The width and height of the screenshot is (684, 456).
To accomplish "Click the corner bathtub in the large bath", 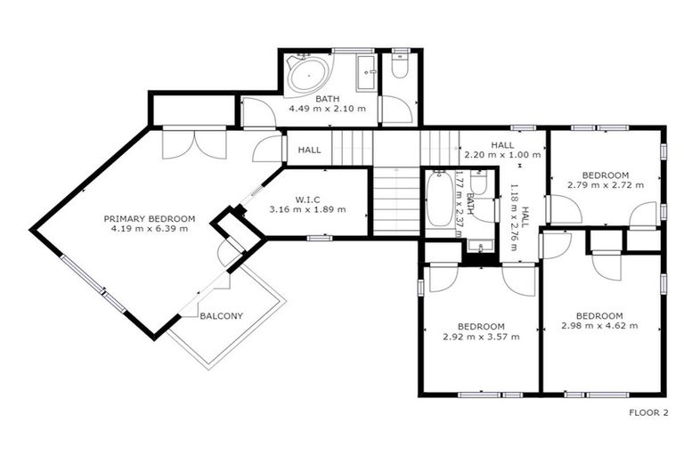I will [x=308, y=75].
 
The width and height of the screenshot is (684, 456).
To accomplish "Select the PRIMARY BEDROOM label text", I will [x=150, y=218].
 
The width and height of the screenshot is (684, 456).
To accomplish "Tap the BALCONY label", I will [x=221, y=316].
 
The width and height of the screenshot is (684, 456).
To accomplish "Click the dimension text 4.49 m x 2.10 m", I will [x=326, y=109].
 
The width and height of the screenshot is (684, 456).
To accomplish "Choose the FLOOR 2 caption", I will [x=647, y=412].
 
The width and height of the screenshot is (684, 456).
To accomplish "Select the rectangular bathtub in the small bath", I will [x=439, y=199].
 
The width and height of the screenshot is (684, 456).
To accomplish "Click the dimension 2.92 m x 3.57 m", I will [x=481, y=337].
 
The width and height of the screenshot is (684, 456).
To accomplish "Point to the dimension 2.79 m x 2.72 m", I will [x=605, y=185].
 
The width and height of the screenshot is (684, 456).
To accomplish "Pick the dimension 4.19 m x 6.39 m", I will [x=150, y=229].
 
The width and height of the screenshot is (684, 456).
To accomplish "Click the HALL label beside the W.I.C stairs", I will [x=310, y=150].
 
